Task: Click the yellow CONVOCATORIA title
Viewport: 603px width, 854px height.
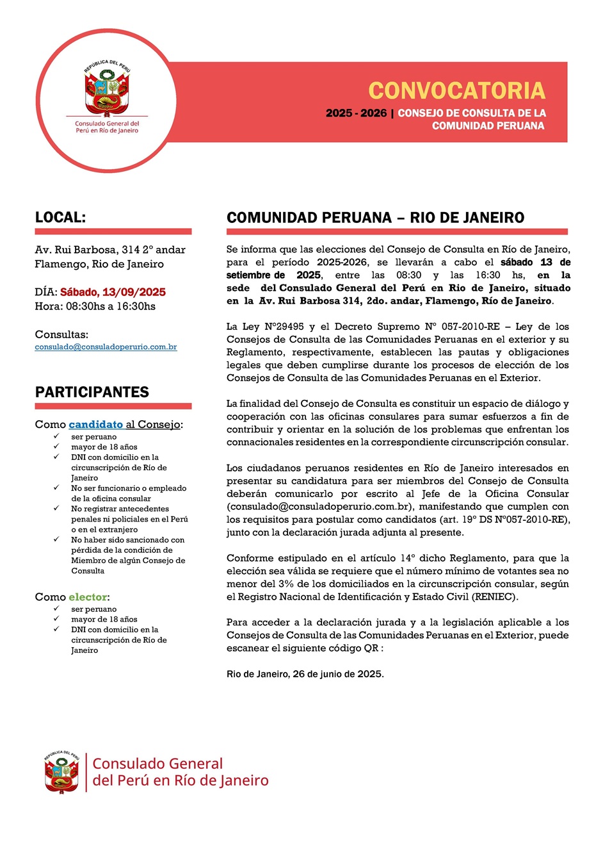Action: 456,91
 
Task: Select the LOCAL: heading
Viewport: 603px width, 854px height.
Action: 60,217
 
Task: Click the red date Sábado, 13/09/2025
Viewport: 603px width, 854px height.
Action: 113,292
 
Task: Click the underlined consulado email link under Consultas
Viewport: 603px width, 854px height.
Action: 106,347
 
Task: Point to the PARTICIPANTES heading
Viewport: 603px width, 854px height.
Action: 92,392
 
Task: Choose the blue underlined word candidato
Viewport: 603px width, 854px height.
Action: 95,424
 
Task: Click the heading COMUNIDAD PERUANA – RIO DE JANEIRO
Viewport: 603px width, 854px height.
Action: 375,218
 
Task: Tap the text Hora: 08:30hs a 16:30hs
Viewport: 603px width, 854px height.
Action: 95,306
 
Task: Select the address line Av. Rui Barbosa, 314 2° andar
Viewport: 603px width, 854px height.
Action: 110,250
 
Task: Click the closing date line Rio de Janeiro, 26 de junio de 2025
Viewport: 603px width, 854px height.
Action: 305,674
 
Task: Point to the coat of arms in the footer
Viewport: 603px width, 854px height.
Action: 61,772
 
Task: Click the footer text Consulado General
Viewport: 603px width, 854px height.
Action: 157,764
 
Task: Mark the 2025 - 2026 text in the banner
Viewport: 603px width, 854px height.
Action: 356,113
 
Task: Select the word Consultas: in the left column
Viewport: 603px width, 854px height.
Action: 61,334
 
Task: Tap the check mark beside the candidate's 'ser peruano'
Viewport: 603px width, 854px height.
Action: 56,436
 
